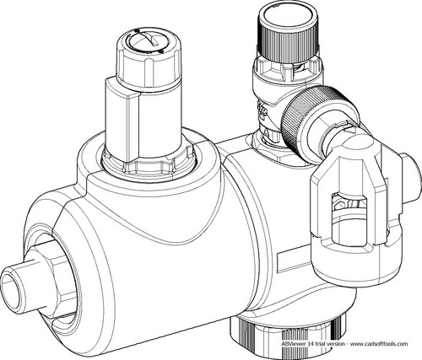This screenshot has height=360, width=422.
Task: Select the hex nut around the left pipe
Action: tap(57, 277)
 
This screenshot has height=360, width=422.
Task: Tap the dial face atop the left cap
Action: tap(149, 40)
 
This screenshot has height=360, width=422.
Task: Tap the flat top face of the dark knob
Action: tap(288, 16)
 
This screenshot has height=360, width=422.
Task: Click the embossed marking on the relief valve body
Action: tap(263, 109)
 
